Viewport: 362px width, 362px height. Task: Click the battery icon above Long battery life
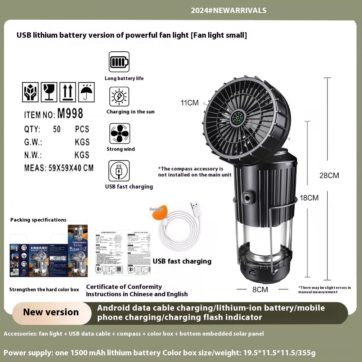point(119,62)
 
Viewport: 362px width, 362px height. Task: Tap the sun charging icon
point(119,97)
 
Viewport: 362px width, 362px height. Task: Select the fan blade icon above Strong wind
point(119,133)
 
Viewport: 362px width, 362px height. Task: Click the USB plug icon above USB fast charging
point(119,171)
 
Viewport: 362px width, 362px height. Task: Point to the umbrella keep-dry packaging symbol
point(86,92)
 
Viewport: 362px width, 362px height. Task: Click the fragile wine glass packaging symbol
point(49,92)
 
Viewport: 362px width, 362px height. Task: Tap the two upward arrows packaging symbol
point(68,92)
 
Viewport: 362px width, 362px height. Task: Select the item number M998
point(70,114)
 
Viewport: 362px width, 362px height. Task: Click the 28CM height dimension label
point(329,175)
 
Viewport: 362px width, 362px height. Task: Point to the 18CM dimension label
point(309,198)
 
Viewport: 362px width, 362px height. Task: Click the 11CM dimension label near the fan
point(190,103)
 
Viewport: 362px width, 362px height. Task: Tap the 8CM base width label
point(260,289)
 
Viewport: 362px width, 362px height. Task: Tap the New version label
point(51,312)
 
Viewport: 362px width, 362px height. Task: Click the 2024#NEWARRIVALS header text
point(229,10)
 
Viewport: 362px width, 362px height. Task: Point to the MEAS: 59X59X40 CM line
point(59,168)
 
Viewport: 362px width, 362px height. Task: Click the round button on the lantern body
point(247,198)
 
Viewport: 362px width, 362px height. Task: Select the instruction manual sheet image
point(122,253)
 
